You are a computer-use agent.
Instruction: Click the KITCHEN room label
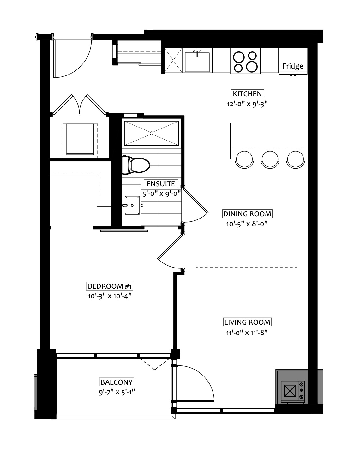(247, 94)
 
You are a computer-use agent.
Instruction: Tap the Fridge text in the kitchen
(292, 66)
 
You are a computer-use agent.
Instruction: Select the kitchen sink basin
(197, 62)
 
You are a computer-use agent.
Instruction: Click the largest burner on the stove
(252, 67)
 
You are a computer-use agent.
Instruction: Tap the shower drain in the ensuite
(152, 133)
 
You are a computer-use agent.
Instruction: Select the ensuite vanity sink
(132, 205)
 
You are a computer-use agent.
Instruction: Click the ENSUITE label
(161, 184)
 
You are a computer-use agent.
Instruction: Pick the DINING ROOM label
(247, 214)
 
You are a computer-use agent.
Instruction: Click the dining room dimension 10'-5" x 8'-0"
(247, 224)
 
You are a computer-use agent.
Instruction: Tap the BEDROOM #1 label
(109, 286)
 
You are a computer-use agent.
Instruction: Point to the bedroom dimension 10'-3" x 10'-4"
(110, 296)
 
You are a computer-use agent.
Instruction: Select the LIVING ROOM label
(247, 322)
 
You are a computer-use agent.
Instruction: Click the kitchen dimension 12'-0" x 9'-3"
(247, 104)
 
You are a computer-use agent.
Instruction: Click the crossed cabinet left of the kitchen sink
(173, 60)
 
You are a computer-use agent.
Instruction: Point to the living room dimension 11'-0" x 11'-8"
(247, 333)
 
